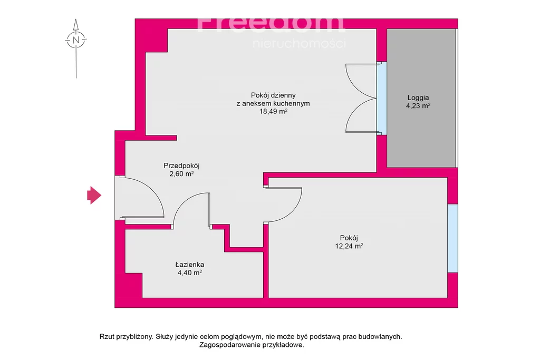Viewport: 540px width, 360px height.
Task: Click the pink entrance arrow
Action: pos(94,195)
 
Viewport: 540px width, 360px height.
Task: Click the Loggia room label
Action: pos(418,98)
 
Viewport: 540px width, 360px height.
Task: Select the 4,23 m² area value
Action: pos(418,105)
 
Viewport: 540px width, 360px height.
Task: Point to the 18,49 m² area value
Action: pos(274,111)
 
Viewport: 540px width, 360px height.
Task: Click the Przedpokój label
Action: pos(181,166)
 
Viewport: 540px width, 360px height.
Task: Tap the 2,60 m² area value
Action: pos(181,174)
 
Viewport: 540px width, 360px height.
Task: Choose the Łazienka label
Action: pos(190,265)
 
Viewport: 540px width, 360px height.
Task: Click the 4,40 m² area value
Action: pos(190,273)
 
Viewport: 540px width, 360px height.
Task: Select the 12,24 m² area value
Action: pos(349,246)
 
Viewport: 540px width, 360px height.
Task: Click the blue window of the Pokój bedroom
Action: pos(452,238)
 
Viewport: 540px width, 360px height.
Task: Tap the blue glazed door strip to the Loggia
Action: pos(382,98)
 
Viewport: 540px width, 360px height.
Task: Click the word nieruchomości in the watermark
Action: pos(300,44)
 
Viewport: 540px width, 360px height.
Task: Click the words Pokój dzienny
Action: pos(273,95)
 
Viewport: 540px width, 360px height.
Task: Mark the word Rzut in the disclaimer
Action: pos(107,337)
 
